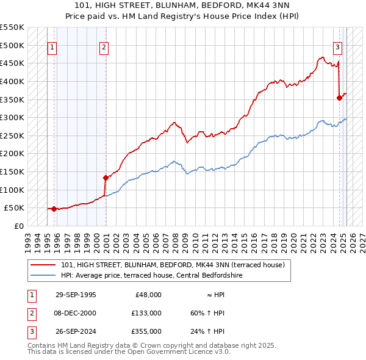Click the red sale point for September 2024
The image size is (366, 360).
point(339,97)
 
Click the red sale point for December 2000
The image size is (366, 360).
point(106,178)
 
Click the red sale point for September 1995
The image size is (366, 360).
point(54,209)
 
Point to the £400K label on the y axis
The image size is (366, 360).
point(12,81)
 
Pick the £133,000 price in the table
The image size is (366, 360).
point(146,313)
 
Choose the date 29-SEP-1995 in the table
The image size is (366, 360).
point(76,295)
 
